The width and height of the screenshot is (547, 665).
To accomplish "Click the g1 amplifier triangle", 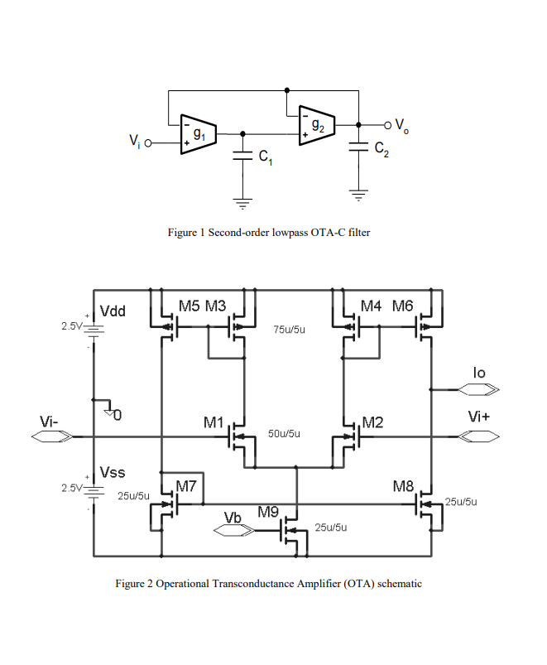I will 198,133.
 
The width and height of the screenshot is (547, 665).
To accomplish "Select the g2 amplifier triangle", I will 316,124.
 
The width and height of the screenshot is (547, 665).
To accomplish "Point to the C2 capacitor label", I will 381,149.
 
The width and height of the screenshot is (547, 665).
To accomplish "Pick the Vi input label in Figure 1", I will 134,142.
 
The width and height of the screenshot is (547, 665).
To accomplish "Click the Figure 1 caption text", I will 269,233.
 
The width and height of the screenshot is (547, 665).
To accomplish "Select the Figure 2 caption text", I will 268,584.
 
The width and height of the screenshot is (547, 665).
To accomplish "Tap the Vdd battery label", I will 113,311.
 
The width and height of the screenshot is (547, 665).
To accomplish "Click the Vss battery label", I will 113,473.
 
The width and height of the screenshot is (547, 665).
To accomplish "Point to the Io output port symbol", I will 479,388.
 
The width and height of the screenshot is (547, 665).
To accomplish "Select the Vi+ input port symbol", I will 479,436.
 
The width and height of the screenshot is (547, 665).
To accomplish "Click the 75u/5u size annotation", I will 290,330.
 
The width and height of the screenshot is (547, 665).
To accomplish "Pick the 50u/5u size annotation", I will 284,433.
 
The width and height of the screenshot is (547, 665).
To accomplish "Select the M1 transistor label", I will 214,423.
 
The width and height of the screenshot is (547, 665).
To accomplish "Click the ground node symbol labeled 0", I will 113,412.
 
